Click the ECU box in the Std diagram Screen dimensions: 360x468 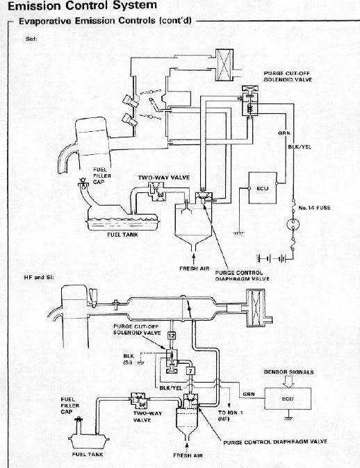click(263, 188)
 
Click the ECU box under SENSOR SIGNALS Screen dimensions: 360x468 click(288, 399)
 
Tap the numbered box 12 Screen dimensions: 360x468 click(171, 335)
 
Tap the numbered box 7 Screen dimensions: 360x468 click(190, 371)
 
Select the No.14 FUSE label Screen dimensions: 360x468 click(314, 208)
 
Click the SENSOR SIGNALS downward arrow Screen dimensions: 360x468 click(288, 381)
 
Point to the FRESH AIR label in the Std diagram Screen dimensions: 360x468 click(194, 268)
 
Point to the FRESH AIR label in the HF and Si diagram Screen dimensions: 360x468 click(188, 456)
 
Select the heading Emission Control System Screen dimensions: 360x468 click(82, 5)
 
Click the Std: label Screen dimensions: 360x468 click(31, 39)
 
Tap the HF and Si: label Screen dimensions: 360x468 click(39, 277)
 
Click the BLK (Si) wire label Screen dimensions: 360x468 click(128, 359)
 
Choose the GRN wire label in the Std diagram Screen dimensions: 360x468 click(284, 133)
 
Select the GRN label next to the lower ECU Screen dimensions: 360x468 click(249, 394)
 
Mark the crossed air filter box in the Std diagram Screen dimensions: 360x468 click(224, 65)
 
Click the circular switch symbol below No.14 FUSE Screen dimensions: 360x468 click(293, 224)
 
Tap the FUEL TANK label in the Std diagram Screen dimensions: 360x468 click(122, 235)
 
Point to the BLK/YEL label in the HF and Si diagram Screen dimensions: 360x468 click(170, 387)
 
